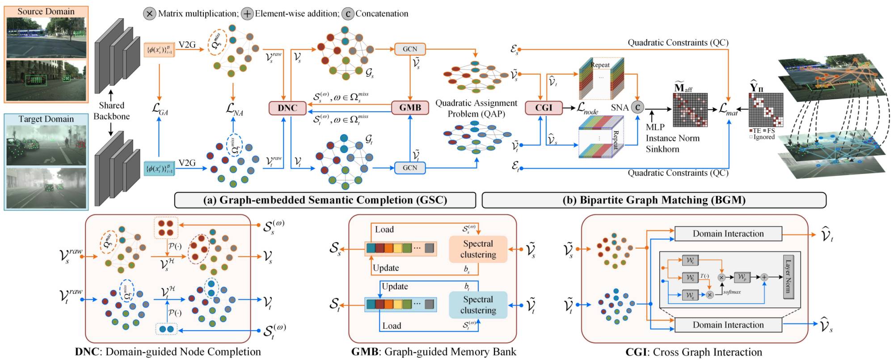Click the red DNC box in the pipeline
point(287,108)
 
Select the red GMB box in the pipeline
point(410,108)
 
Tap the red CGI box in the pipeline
point(544,108)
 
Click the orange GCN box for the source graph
point(409,49)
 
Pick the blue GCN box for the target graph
point(409,168)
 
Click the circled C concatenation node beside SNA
point(637,107)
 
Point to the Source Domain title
point(46,12)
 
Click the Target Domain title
point(46,119)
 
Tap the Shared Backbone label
point(111,111)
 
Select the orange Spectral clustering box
point(478,249)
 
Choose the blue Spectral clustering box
point(478,305)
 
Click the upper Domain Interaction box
point(728,233)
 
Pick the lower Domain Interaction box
point(728,325)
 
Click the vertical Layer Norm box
point(788,277)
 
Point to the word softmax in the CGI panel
point(732,292)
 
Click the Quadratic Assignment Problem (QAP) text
point(476,108)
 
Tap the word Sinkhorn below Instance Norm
point(662,149)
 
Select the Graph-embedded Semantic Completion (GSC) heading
point(325,200)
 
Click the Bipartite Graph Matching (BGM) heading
point(654,200)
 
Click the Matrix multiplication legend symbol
point(149,13)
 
